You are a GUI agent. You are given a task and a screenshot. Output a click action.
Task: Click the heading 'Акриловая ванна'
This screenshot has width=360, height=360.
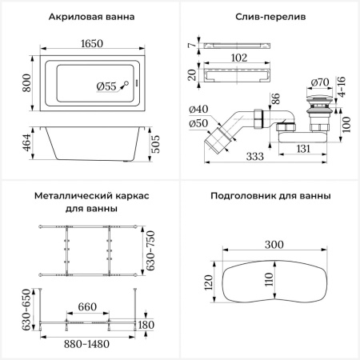90,17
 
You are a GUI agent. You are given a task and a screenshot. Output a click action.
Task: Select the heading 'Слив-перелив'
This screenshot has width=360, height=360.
268,17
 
